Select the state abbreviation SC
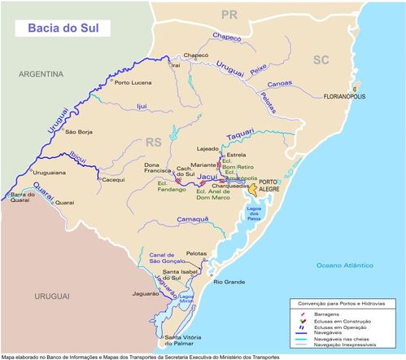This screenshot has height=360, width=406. click(321, 59)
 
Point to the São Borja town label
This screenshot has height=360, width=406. click(81, 132)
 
